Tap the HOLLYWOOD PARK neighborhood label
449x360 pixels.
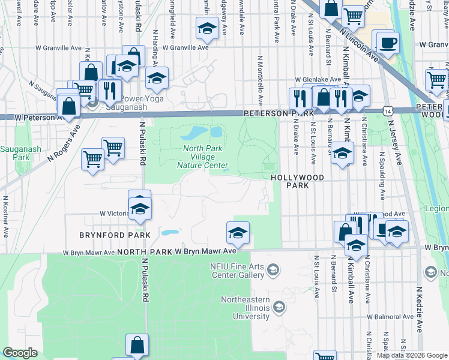click(297, 181)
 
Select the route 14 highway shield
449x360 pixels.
click(388, 111)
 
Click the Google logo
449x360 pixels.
click(20, 353)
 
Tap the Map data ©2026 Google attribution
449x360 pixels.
click(411, 355)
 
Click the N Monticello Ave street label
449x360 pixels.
click(261, 82)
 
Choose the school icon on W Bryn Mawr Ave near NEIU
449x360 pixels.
click(238, 233)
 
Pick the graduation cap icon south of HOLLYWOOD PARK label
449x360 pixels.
click(342, 154)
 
